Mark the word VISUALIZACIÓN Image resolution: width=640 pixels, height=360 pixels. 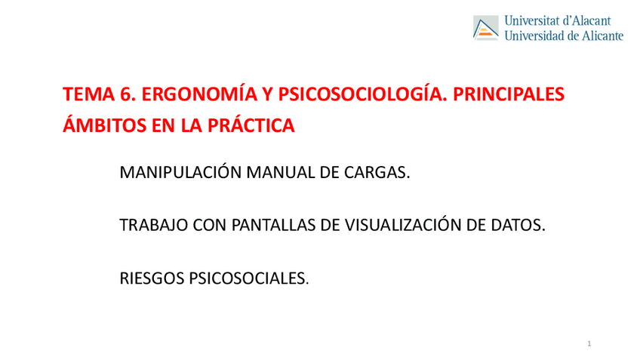click(x=397, y=225)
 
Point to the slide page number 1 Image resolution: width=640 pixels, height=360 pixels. click(x=589, y=345)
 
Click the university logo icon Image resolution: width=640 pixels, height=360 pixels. click(x=486, y=28)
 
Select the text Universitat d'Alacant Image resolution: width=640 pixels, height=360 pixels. click(x=558, y=21)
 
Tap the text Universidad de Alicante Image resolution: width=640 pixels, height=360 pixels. click(x=563, y=35)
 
